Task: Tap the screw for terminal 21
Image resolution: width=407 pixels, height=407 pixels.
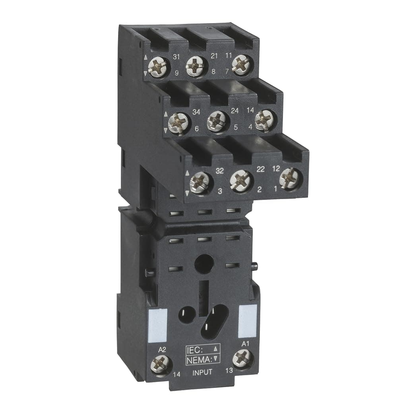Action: pyautogui.click(x=196, y=63)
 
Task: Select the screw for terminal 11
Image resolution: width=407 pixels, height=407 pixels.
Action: pyautogui.click(x=241, y=64)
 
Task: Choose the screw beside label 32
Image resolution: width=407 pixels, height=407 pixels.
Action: pyautogui.click(x=199, y=182)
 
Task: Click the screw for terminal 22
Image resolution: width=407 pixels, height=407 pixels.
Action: pyautogui.click(x=240, y=180)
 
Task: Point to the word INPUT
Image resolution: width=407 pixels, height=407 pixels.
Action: pyautogui.click(x=202, y=372)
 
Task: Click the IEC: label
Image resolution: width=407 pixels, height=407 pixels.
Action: pyautogui.click(x=195, y=350)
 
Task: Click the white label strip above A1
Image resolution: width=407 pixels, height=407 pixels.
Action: pyautogui.click(x=247, y=321)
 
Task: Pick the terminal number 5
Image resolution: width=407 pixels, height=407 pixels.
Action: pyautogui.click(x=236, y=128)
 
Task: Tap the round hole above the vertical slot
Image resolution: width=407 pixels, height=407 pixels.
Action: pyautogui.click(x=204, y=264)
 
